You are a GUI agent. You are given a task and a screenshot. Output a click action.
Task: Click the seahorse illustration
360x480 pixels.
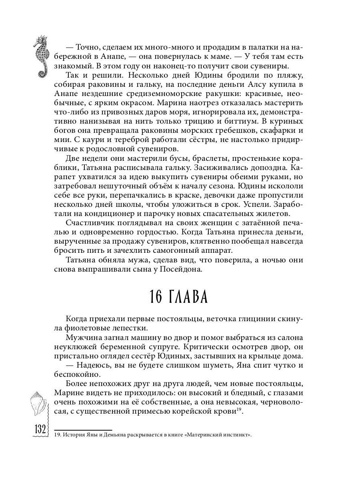pos(42,56)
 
